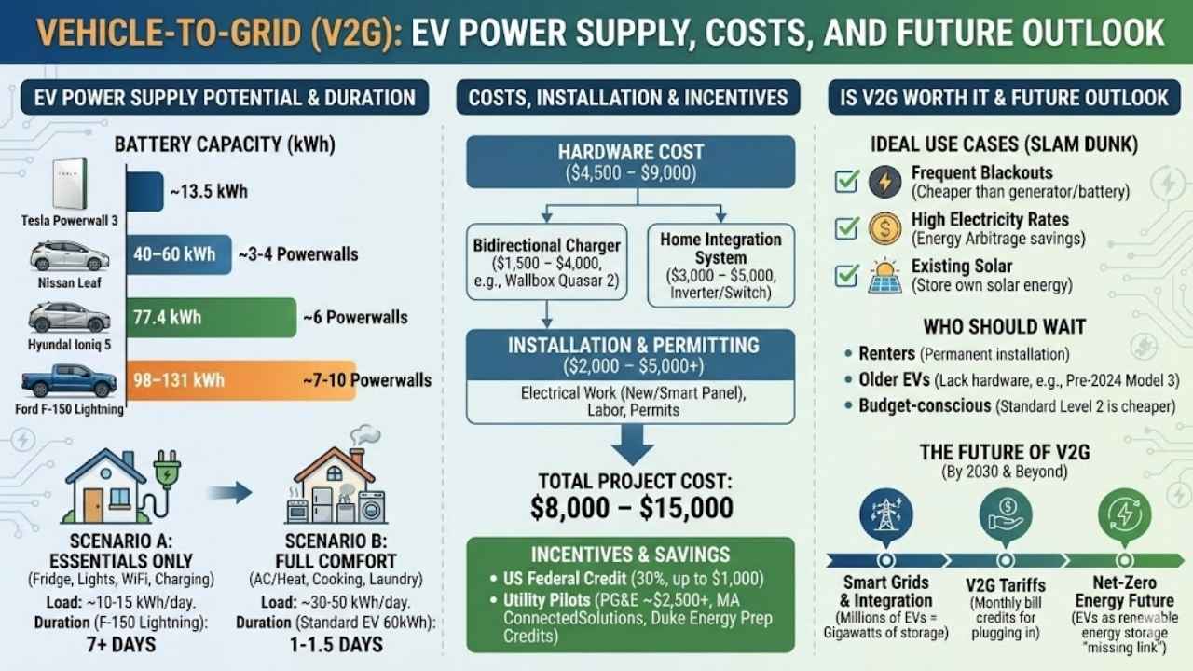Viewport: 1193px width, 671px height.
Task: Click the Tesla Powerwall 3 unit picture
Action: (x=70, y=184)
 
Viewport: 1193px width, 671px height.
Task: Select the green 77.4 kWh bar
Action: (x=212, y=318)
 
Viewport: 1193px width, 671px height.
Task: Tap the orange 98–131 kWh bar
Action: (x=241, y=380)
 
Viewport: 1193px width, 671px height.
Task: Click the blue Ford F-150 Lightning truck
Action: (x=69, y=380)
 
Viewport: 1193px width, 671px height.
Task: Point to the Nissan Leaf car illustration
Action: (x=69, y=256)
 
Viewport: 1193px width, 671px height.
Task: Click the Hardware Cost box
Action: (x=631, y=162)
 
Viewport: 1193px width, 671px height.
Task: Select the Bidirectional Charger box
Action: (x=547, y=262)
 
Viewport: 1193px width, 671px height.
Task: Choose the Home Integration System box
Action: (x=721, y=266)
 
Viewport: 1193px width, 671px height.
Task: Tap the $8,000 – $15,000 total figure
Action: (x=632, y=508)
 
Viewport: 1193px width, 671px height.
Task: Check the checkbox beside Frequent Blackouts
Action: (x=847, y=181)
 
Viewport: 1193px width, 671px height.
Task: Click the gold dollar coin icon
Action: (x=884, y=228)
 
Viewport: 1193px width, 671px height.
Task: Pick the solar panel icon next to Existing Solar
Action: (x=884, y=277)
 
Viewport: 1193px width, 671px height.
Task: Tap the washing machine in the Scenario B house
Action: (x=372, y=507)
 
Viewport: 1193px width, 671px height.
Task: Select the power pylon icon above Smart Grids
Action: (x=885, y=514)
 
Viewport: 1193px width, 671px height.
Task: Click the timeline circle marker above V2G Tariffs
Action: (x=1006, y=560)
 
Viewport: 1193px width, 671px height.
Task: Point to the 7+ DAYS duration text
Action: (x=121, y=645)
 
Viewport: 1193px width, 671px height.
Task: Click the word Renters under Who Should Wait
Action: (x=886, y=353)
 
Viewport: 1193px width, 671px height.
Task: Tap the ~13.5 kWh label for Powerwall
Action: (x=209, y=192)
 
